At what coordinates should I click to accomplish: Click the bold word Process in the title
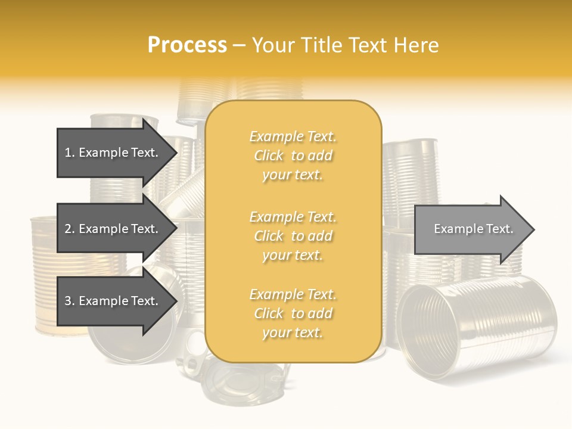pyautogui.click(x=187, y=45)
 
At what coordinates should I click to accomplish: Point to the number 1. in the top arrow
pyautogui.click(x=70, y=153)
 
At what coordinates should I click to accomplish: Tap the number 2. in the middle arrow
pyautogui.click(x=70, y=229)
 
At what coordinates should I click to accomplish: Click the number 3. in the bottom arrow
pyautogui.click(x=70, y=301)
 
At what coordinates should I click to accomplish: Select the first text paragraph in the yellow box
pyautogui.click(x=293, y=156)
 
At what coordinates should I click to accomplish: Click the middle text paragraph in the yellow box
pyautogui.click(x=293, y=236)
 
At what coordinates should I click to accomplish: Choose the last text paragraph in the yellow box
pyautogui.click(x=293, y=313)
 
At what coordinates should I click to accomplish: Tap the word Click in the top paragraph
pyautogui.click(x=269, y=156)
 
